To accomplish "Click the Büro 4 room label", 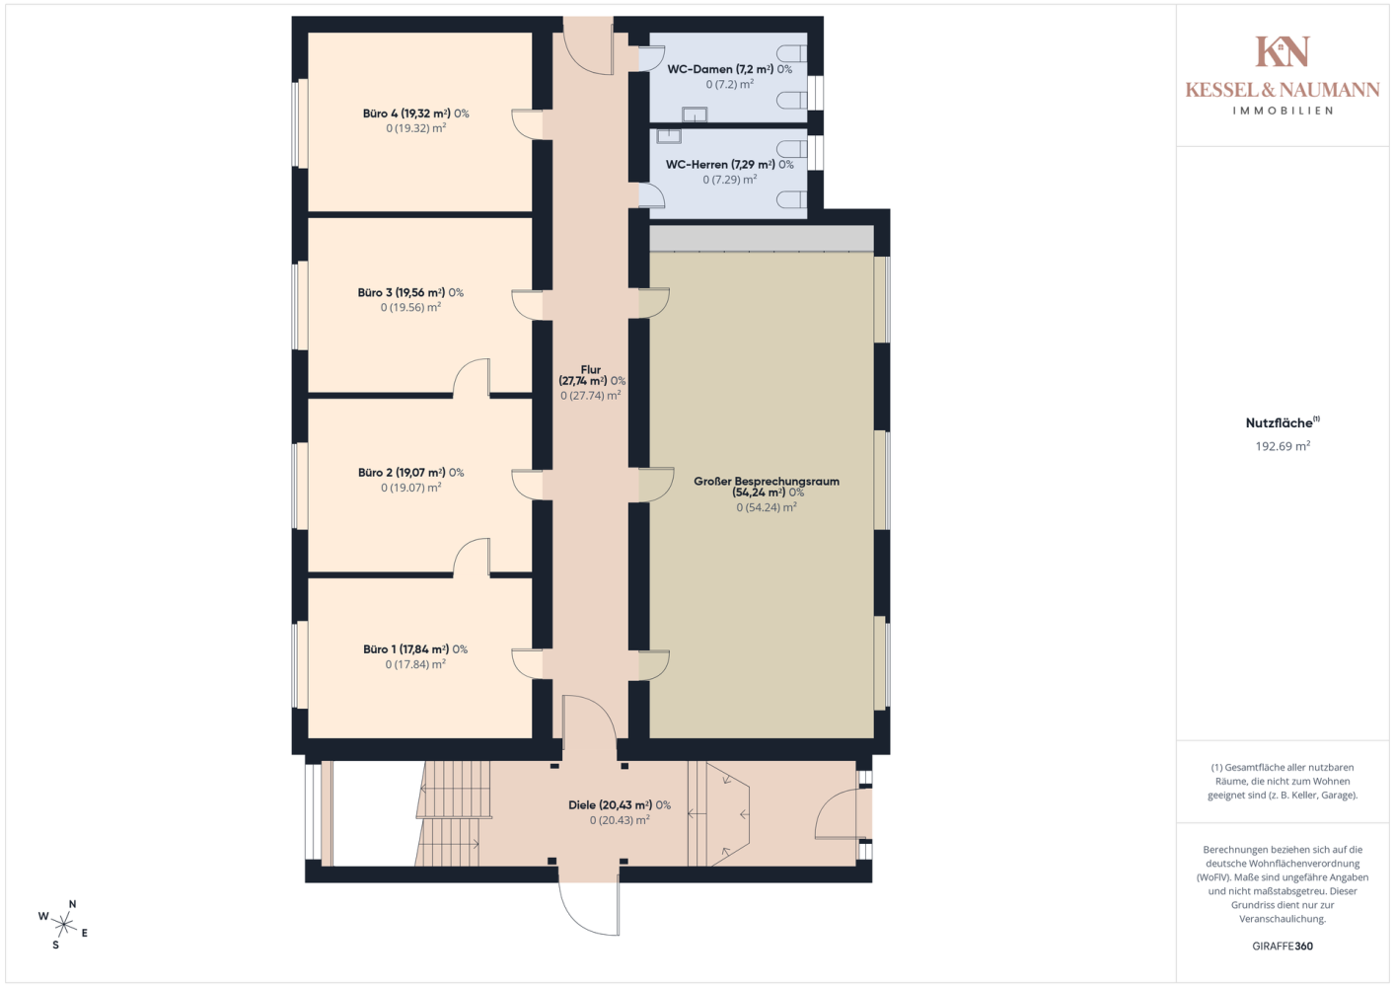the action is [415, 120].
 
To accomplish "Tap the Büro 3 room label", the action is [410, 300].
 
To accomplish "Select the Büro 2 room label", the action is [411, 480].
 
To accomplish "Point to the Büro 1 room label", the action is [415, 656].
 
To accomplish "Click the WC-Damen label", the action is [730, 76].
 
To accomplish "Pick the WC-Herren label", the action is [730, 172].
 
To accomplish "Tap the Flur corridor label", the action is [592, 382].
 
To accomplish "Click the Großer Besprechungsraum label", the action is [767, 494].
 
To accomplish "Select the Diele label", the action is [620, 812].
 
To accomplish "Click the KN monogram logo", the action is [1283, 51].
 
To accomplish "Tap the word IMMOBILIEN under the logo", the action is [1283, 111].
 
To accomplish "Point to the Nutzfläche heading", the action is [1283, 422].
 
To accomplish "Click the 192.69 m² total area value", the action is [1283, 446].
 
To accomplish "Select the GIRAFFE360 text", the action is [1283, 946].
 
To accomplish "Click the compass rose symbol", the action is [63, 924].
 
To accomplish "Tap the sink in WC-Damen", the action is [695, 114].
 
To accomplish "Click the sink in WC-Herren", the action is [668, 136].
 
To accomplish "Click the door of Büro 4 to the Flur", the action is [527, 124].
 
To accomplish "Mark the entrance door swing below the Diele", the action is [589, 907].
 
